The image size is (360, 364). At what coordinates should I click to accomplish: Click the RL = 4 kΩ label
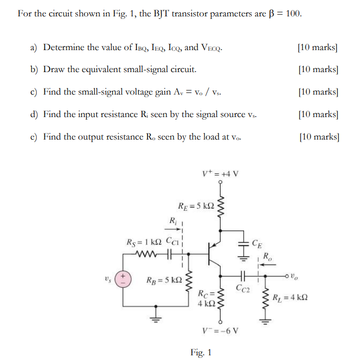click(290, 298)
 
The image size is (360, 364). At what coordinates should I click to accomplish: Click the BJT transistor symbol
click(214, 254)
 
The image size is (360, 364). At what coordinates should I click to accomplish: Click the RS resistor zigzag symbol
click(148, 253)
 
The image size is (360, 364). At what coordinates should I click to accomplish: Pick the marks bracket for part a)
click(317, 48)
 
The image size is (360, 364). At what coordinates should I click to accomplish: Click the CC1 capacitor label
click(175, 242)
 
